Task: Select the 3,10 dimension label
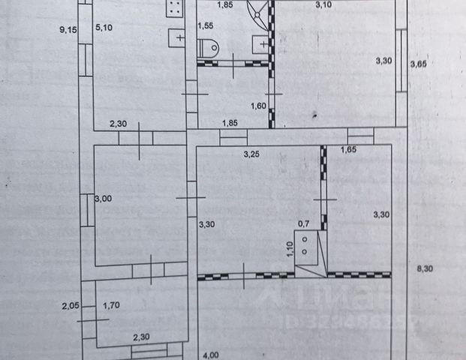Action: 323,6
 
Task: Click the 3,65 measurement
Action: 418,64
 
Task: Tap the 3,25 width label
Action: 251,154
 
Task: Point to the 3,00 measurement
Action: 104,198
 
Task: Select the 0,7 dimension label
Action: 304,223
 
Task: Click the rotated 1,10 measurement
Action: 290,248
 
